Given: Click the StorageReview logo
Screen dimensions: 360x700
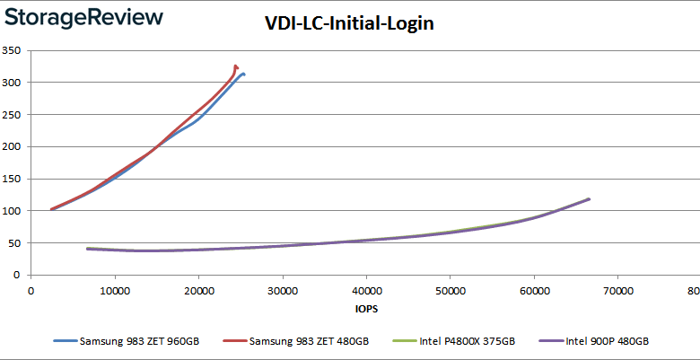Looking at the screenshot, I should click(x=83, y=17).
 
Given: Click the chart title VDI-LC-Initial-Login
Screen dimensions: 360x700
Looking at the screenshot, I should click(x=349, y=24).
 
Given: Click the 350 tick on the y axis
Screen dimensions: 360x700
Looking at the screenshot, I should click(x=12, y=50).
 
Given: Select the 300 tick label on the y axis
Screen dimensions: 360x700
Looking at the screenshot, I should click(x=12, y=83).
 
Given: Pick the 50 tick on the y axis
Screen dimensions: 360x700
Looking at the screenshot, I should click(x=14, y=242).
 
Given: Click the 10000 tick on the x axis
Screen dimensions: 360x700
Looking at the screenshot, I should click(x=114, y=290).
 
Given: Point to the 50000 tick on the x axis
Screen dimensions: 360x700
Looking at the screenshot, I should click(x=450, y=290).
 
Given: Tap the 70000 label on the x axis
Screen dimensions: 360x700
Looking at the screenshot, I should click(x=617, y=290).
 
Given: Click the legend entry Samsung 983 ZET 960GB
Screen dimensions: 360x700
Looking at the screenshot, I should click(x=134, y=341).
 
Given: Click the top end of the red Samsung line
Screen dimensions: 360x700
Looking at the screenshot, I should click(x=235, y=66).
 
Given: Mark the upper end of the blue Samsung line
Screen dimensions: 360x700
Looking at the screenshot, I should click(x=243, y=74).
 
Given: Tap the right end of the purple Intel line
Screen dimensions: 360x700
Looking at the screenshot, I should click(x=589, y=199).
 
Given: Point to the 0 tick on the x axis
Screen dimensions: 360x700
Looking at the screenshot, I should click(x=31, y=290).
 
